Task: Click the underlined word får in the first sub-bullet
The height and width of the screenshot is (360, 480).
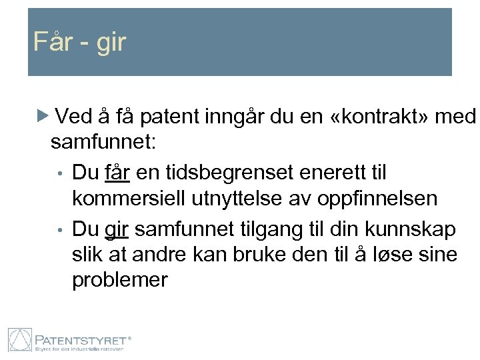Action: (x=117, y=173)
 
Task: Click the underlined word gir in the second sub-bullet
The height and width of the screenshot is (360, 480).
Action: (x=116, y=229)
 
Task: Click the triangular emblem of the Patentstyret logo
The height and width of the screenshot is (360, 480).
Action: (x=19, y=340)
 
